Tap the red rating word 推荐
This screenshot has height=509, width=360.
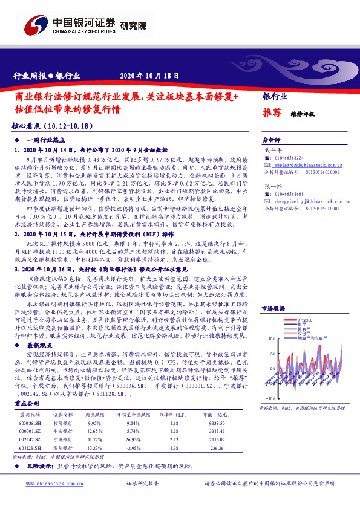(x=272, y=112)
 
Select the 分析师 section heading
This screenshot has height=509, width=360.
(x=272, y=138)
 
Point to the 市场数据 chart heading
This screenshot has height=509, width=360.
(x=273, y=308)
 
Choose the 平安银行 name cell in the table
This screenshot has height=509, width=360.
(x=60, y=432)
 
